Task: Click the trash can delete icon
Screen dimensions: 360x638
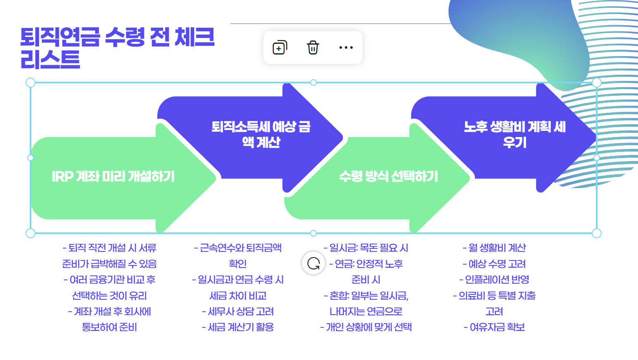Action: (313, 47)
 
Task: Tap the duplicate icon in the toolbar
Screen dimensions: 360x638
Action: (280, 47)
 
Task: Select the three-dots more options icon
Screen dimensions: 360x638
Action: (346, 47)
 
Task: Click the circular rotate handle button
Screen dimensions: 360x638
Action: (313, 263)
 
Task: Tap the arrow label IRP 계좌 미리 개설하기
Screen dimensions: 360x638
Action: (113, 177)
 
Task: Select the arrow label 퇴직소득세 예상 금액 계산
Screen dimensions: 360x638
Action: (261, 134)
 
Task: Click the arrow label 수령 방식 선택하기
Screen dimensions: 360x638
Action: (388, 177)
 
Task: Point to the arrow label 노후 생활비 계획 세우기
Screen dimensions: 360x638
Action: (515, 134)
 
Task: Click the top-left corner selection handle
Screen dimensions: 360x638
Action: (31, 83)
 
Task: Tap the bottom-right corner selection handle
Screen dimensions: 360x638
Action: (596, 233)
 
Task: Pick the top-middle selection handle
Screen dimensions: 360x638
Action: (313, 83)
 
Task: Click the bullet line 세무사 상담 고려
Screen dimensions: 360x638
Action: (238, 311)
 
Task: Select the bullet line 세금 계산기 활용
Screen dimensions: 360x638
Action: (238, 327)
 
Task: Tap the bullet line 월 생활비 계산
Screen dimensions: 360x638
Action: (494, 248)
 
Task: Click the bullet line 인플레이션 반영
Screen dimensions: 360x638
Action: (494, 279)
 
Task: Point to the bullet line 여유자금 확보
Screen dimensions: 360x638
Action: (494, 327)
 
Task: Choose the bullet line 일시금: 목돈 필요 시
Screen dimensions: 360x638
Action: (366, 248)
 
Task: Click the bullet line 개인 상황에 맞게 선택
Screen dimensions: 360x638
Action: (366, 327)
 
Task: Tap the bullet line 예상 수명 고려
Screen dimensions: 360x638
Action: (494, 264)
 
